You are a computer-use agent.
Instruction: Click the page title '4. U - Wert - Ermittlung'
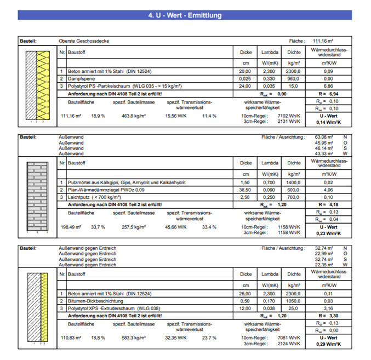[185, 15]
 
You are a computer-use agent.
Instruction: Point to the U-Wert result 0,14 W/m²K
[328, 122]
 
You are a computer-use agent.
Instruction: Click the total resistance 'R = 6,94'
[328, 94]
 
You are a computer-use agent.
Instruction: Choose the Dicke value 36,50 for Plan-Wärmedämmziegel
[245, 189]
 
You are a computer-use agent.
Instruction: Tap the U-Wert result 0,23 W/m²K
[328, 232]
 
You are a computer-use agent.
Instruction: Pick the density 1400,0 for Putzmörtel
[293, 182]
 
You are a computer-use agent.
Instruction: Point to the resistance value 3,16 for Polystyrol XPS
[328, 307]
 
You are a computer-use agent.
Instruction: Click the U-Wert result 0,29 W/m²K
[328, 343]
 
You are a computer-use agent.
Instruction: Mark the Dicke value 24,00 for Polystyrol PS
[245, 86]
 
